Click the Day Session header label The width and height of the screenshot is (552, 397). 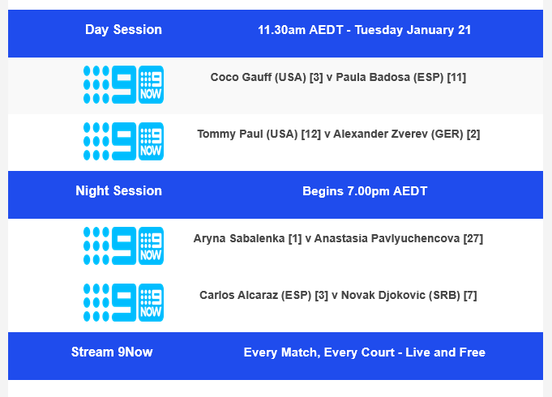pyautogui.click(x=123, y=30)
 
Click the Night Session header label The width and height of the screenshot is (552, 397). pyautogui.click(x=118, y=191)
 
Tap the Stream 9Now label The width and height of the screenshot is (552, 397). pyautogui.click(x=112, y=352)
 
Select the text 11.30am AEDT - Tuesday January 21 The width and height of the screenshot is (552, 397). pyautogui.click(x=364, y=30)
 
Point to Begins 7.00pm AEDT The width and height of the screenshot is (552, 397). pyautogui.click(x=364, y=192)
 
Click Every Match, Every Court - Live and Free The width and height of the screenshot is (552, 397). pyautogui.click(x=364, y=352)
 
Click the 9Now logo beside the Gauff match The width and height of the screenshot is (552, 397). pyautogui.click(x=123, y=85)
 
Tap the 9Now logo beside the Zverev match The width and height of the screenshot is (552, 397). pyautogui.click(x=123, y=142)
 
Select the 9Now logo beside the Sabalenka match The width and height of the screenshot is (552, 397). pyautogui.click(x=123, y=246)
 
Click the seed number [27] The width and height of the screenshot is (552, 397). pyautogui.click(x=473, y=239)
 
